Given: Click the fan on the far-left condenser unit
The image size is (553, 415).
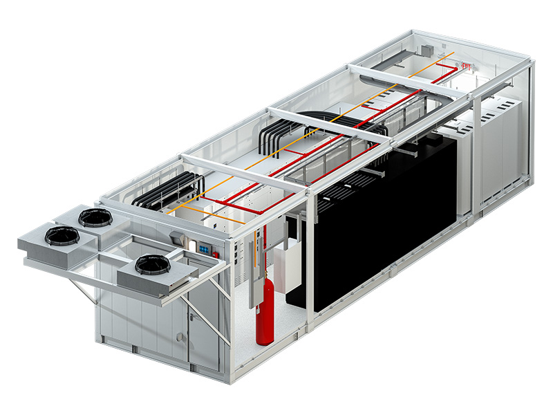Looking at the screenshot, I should tap(62, 236).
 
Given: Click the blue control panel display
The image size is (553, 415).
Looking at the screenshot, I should tap(204, 246).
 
